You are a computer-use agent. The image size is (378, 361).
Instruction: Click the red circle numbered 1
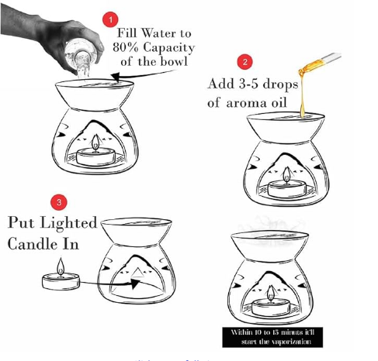pos(110,19)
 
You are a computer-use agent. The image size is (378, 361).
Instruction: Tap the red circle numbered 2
pos(244,62)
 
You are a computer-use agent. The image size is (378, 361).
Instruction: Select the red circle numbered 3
pos(59,202)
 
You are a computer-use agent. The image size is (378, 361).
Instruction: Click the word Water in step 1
pos(157,33)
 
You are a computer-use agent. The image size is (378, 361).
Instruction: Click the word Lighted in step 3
pos(68,222)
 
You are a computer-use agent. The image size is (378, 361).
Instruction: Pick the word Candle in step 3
pos(33,244)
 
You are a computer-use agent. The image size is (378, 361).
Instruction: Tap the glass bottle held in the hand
pos(81,59)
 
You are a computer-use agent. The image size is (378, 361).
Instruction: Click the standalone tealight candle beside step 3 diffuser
pos(61,277)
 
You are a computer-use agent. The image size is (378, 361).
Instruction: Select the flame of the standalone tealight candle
pos(61,266)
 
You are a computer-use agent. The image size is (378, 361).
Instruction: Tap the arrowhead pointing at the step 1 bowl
pos(116,77)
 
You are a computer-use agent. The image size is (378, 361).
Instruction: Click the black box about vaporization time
pos(272,337)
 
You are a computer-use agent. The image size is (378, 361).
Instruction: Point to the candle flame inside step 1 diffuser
pos(95,142)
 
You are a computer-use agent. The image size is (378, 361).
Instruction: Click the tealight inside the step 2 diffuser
pos(286,188)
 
